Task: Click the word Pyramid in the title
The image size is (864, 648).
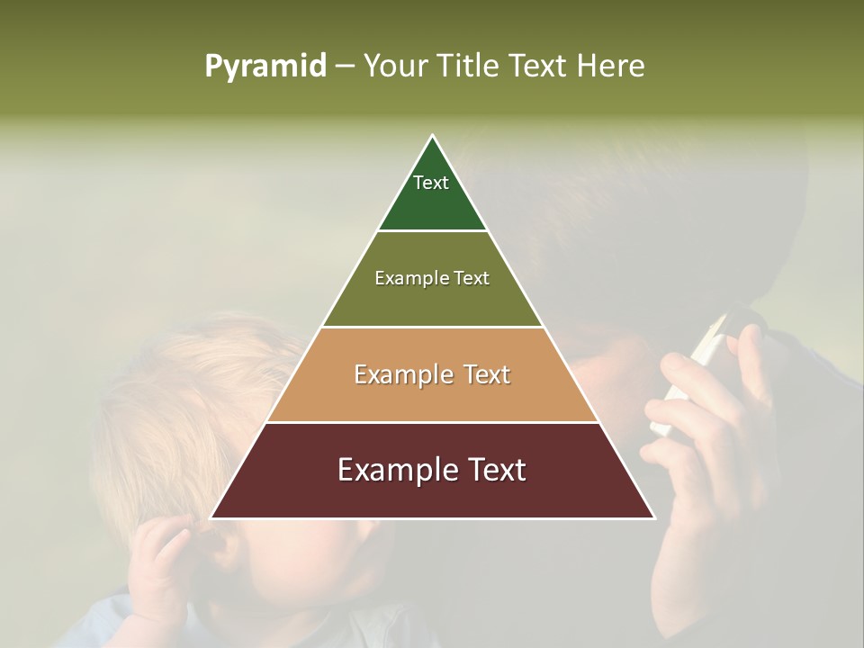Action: tap(265, 67)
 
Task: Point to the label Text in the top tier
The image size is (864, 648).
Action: tap(431, 183)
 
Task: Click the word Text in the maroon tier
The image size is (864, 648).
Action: tap(492, 470)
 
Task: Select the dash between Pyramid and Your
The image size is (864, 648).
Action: tap(345, 67)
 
